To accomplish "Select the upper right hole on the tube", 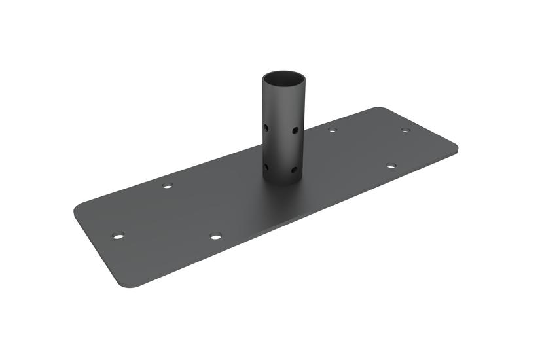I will click(x=296, y=130).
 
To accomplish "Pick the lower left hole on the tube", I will click(x=266, y=167).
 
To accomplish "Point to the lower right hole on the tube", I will click(x=295, y=170).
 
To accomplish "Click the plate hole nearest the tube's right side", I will click(x=333, y=130).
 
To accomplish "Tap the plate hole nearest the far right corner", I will click(x=406, y=130).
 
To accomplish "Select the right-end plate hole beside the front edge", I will click(x=391, y=166).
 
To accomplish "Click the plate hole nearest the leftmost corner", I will click(x=118, y=235).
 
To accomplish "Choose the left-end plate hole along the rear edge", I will click(x=168, y=186).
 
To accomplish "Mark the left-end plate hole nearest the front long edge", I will click(x=215, y=236).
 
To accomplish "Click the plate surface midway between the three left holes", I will click(x=167, y=219).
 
